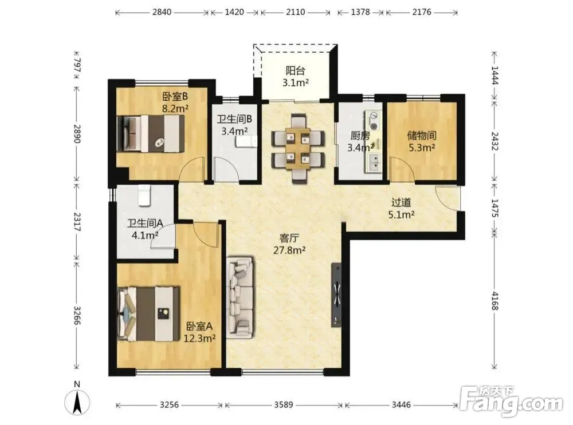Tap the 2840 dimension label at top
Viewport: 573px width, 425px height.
(x=162, y=12)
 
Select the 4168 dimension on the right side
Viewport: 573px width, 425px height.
(x=495, y=301)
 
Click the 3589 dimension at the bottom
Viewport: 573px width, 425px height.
(x=284, y=404)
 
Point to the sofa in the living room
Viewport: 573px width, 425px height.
(x=240, y=297)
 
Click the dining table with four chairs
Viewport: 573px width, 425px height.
(x=298, y=146)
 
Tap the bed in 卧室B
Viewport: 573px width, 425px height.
(x=150, y=133)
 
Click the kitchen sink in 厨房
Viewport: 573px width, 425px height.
(x=374, y=162)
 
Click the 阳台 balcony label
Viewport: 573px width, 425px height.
(x=295, y=70)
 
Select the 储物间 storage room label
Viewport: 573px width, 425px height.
(x=422, y=136)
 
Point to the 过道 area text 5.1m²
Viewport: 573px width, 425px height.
(x=401, y=215)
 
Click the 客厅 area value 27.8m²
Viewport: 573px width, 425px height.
(x=289, y=251)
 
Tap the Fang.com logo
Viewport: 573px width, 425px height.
(x=512, y=402)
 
